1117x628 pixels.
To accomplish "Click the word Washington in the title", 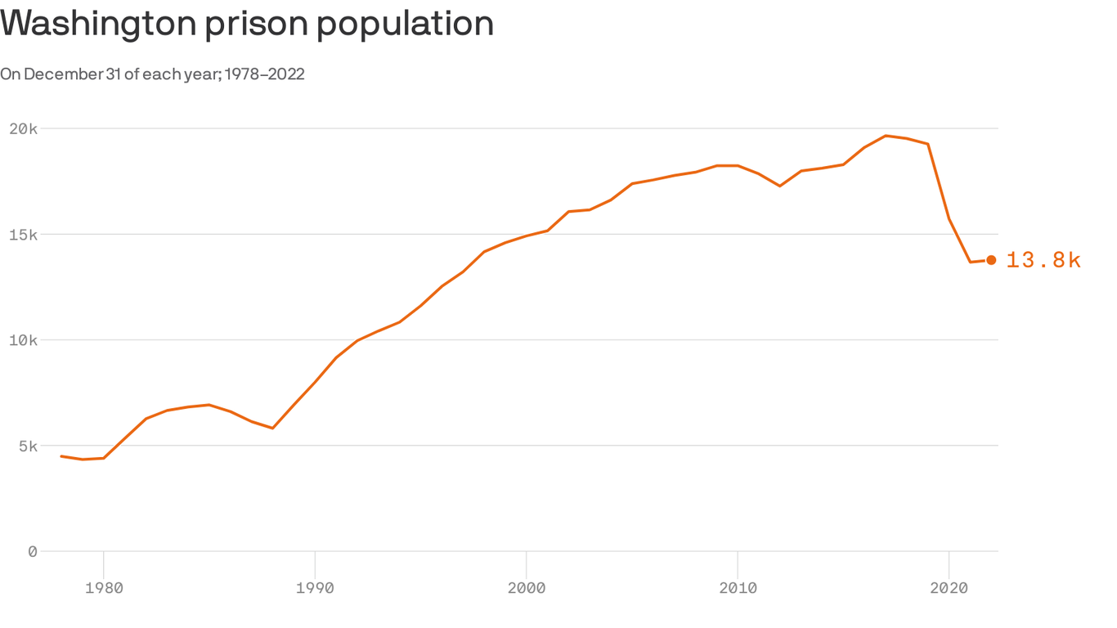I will (97, 23).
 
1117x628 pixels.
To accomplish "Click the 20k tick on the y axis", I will (24, 128).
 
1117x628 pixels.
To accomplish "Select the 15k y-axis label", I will (24, 235).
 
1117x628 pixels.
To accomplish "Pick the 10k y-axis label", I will (24, 340).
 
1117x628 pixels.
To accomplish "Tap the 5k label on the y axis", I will (27, 446).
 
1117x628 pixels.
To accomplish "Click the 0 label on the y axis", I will (32, 552).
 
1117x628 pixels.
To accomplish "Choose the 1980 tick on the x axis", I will (104, 587).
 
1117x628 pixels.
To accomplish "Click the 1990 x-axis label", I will (315, 587).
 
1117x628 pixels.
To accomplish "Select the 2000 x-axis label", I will (526, 587).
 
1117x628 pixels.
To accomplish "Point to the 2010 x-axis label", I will (738, 587).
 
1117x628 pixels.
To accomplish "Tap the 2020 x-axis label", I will (949, 587).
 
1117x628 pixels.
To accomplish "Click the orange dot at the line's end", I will (991, 260).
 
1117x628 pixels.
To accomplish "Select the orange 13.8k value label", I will (1043, 260).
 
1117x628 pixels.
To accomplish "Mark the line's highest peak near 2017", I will (886, 136).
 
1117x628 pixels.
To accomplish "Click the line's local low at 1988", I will (272, 428).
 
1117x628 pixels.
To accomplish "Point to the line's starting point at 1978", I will (61, 456).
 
